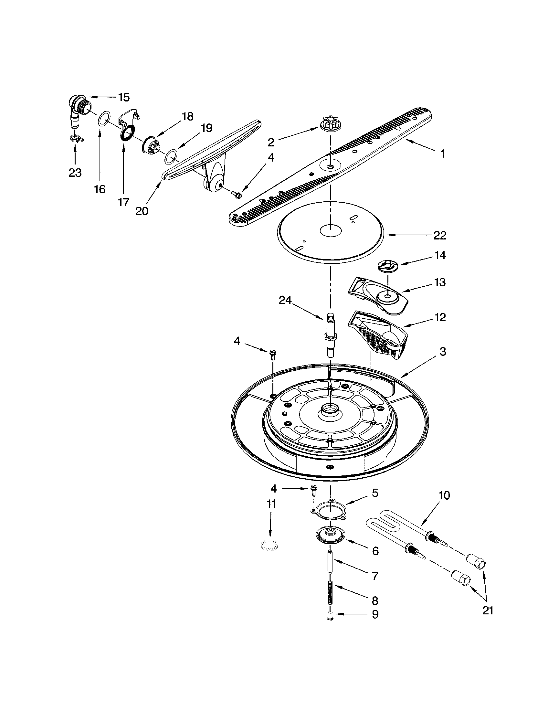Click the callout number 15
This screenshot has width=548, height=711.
tap(123, 97)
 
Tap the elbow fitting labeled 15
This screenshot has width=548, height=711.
tap(78, 111)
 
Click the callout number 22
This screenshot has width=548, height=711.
tap(440, 235)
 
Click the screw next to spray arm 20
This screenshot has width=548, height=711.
tap(236, 194)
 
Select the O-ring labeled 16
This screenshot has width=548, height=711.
tap(103, 119)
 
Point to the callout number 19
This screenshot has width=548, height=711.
tap(207, 128)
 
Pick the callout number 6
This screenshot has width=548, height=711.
tap(375, 551)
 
